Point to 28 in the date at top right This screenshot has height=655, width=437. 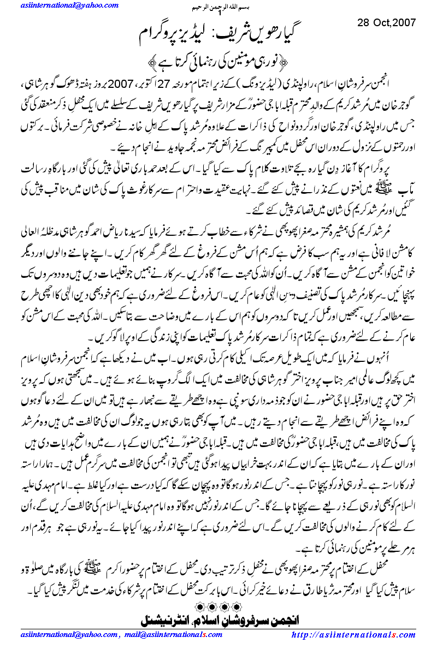pos(364,23)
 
